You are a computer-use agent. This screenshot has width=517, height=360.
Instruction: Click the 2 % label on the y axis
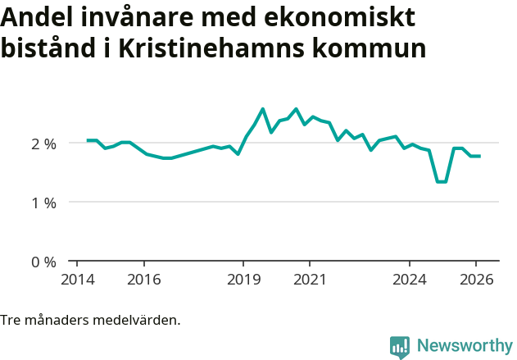(43, 144)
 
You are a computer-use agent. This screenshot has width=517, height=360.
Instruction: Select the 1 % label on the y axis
(43, 203)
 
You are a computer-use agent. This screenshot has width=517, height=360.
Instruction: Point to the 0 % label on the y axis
(43, 262)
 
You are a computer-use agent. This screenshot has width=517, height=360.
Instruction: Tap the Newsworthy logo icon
(400, 347)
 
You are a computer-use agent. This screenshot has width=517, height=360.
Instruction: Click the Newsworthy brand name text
(464, 346)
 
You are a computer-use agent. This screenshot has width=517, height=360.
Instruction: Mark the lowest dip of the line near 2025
(441, 181)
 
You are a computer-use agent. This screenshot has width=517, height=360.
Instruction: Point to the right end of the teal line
(480, 156)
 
